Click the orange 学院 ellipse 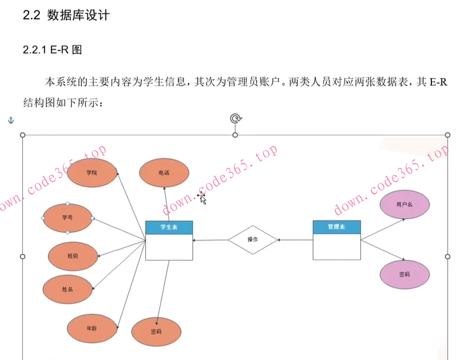(x=91, y=173)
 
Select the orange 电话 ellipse (x=164, y=173)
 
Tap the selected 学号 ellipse (x=67, y=218)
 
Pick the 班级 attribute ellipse (x=72, y=256)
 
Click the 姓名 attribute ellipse (x=67, y=288)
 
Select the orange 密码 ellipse (x=156, y=332)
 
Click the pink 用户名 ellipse (x=404, y=205)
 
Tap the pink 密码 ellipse (x=404, y=274)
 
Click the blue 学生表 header (x=169, y=227)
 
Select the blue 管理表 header (x=336, y=226)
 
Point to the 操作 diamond (x=253, y=240)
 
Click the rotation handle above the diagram (x=235, y=119)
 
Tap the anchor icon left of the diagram (x=9, y=120)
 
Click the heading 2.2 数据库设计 (x=66, y=16)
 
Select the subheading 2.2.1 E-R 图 (x=52, y=50)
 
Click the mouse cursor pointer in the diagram (x=202, y=198)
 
